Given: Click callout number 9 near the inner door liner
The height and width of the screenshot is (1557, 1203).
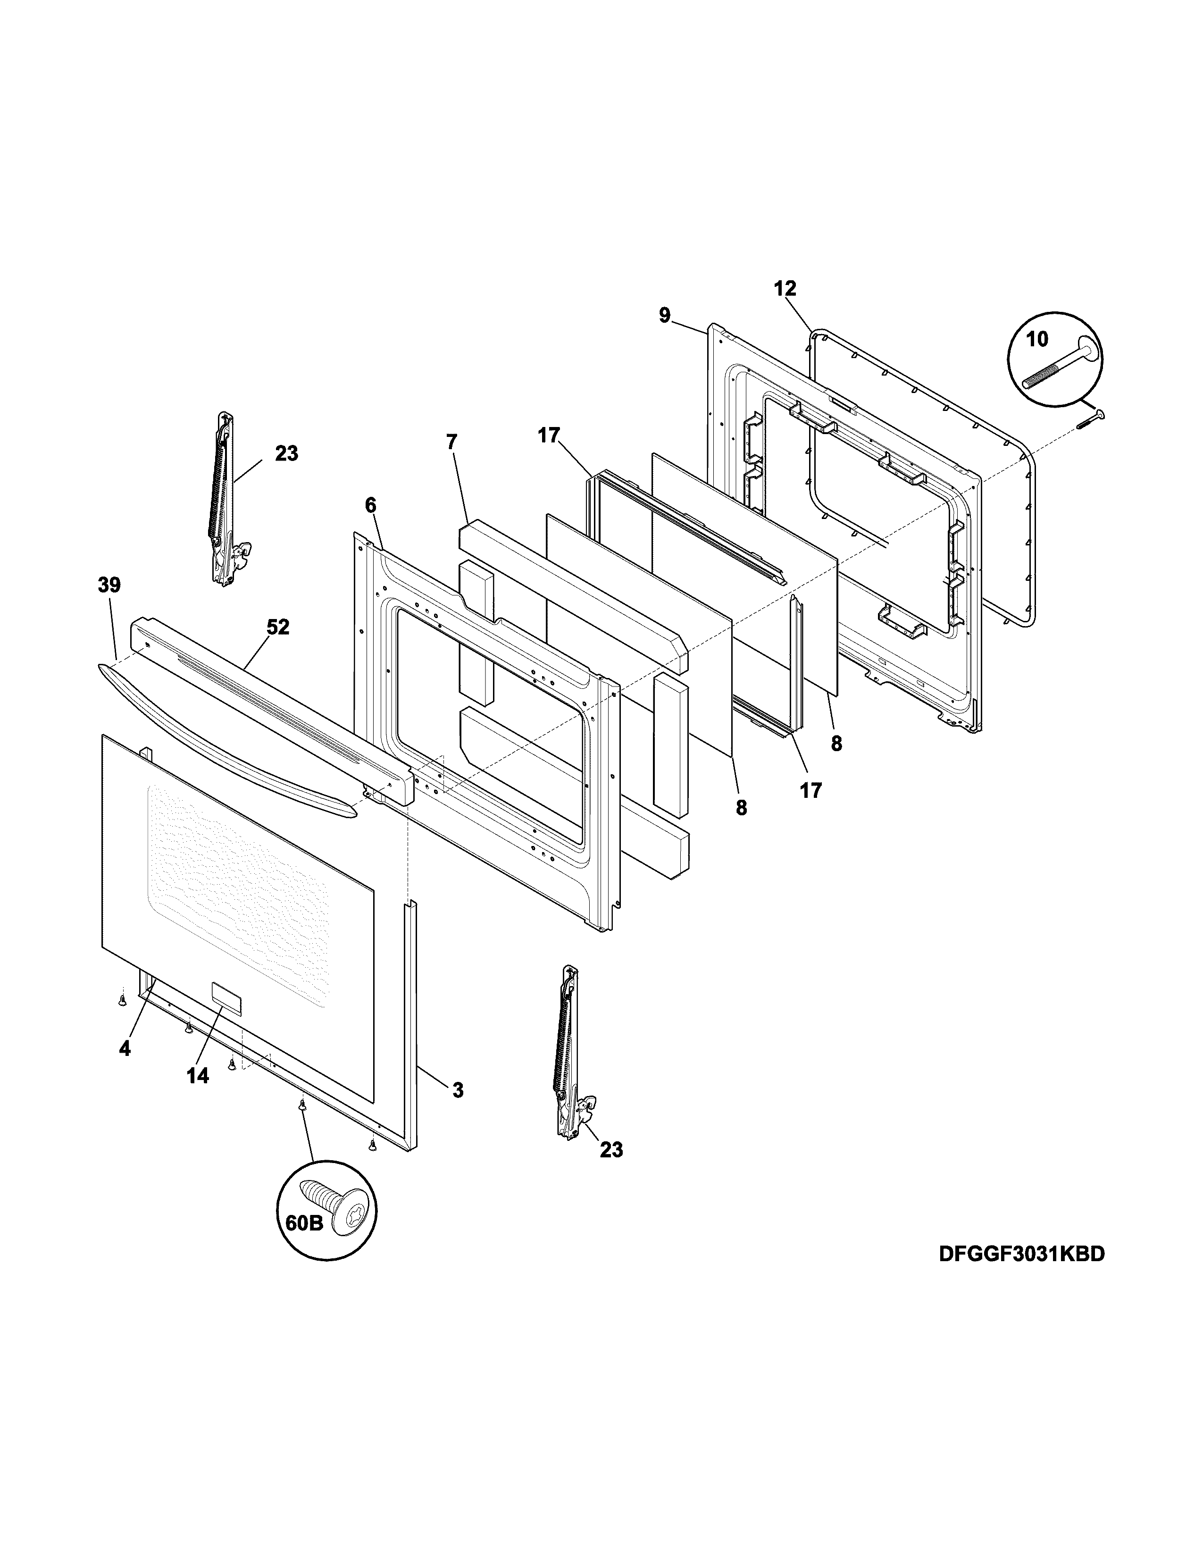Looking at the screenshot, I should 664,315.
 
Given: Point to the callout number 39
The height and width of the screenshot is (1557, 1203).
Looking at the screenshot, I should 109,586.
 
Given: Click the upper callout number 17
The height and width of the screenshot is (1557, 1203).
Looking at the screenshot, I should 549,435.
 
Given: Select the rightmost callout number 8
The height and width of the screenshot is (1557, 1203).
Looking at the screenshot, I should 836,744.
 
